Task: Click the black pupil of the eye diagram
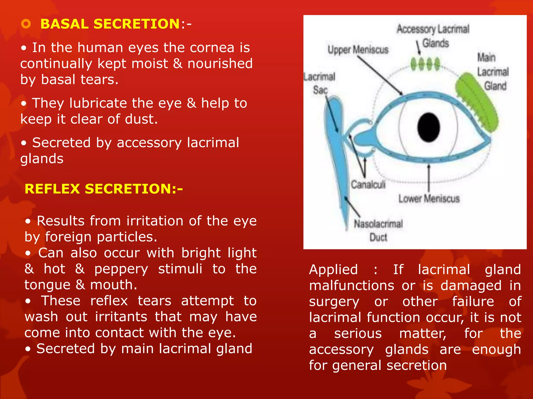(428, 127)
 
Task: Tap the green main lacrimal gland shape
(477, 103)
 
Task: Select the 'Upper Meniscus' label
(358, 50)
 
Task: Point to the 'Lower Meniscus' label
(429, 199)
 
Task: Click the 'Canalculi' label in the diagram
(368, 185)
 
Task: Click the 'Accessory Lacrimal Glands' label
(433, 36)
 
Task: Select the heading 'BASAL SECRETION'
(110, 24)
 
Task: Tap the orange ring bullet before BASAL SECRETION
(26, 24)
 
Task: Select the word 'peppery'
(121, 269)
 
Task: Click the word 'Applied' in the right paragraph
(333, 270)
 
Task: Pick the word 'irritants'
(121, 317)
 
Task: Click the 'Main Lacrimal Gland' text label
(493, 72)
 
